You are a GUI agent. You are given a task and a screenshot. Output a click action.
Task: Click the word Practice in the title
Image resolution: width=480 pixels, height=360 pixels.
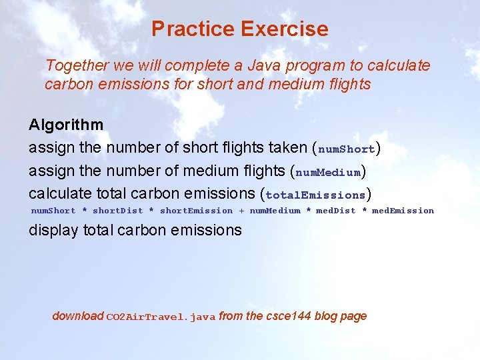pyautogui.click(x=193, y=29)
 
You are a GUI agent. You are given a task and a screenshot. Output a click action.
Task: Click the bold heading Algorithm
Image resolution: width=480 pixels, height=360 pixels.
pyautogui.click(x=66, y=125)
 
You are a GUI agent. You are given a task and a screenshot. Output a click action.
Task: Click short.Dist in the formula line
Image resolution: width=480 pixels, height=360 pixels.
pyautogui.click(x=117, y=211)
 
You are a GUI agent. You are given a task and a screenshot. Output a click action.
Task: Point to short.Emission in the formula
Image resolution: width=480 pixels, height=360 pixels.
pyautogui.click(x=196, y=211)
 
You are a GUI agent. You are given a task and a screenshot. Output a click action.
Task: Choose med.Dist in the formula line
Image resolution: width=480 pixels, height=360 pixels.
pyautogui.click(x=335, y=211)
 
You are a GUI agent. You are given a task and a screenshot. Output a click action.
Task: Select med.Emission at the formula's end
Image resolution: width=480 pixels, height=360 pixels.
pyautogui.click(x=403, y=211)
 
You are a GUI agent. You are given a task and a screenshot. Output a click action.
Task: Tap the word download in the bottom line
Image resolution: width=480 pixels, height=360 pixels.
pyautogui.click(x=78, y=316)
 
